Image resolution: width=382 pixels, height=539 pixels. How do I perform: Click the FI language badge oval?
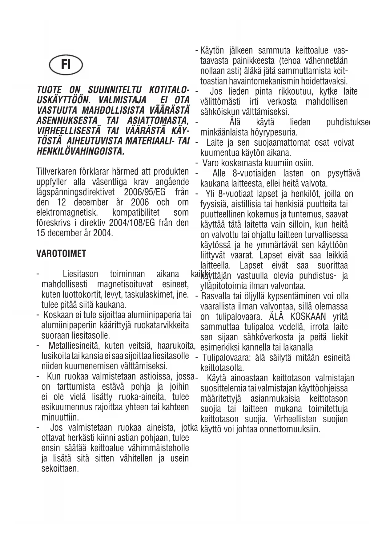[x=66, y=65]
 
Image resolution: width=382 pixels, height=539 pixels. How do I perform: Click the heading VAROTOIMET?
[x=61, y=254]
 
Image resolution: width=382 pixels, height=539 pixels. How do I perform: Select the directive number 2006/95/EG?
[x=144, y=192]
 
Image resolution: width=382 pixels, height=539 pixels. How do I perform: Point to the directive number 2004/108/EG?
[x=134, y=222]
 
